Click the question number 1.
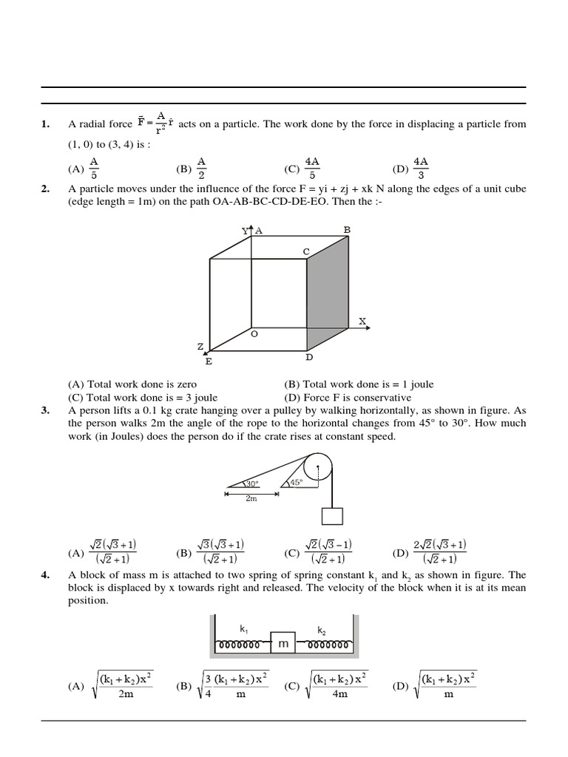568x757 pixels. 46,124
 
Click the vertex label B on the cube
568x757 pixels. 347,230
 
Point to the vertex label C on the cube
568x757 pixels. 305,251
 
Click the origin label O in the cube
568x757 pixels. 254,334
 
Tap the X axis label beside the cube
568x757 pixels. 362,321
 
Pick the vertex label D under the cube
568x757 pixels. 309,358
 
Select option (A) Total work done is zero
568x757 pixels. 132,384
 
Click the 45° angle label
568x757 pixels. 297,482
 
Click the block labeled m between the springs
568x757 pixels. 283,645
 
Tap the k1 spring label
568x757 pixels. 243,628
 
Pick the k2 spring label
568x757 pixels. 322,631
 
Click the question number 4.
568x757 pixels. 46,575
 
